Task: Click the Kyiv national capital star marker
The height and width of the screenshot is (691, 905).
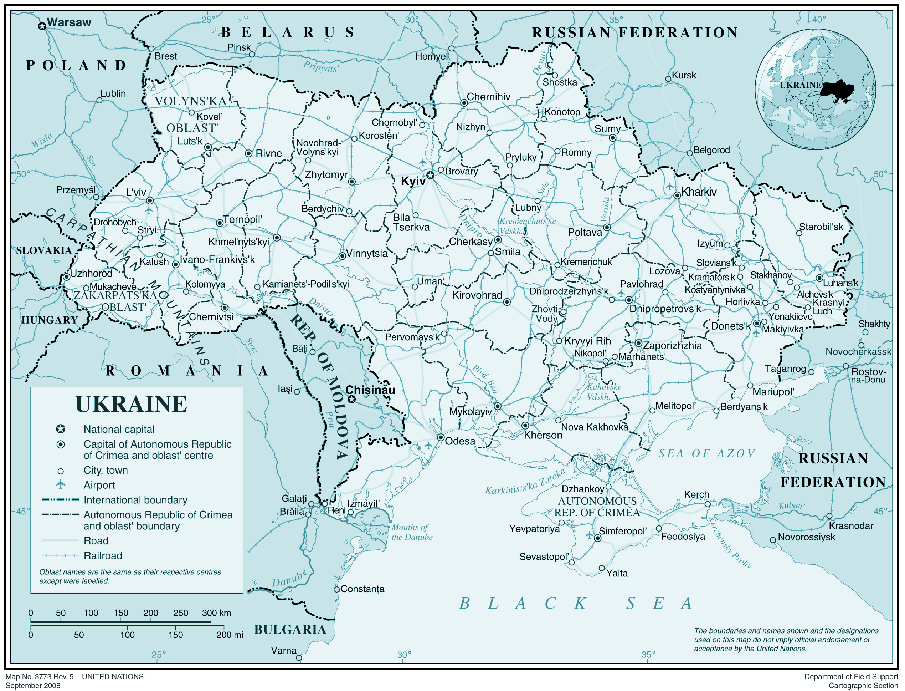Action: tap(430, 176)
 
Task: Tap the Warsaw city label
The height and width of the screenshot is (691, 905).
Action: tap(69, 22)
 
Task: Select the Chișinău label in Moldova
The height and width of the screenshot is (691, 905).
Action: tap(370, 390)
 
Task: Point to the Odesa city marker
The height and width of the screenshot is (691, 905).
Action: tap(441, 437)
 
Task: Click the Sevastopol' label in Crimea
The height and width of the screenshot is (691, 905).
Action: tap(544, 557)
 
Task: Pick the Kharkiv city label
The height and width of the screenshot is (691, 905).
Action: tap(698, 192)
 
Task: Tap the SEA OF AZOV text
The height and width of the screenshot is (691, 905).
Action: tap(706, 454)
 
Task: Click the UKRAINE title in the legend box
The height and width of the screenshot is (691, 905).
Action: tap(131, 404)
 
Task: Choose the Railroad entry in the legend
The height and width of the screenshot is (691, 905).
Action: tap(103, 556)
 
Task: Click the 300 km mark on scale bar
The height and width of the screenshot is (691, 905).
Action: tap(216, 613)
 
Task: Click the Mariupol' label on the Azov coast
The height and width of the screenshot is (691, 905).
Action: tap(773, 392)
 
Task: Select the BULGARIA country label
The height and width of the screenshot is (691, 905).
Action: tap(290, 630)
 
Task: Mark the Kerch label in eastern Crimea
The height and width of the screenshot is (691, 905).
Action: tap(696, 494)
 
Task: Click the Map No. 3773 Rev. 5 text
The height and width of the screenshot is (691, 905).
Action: tap(40, 677)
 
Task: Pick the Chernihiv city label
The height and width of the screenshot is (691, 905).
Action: tap(488, 97)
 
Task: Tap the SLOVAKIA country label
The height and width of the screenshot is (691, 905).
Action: tap(43, 250)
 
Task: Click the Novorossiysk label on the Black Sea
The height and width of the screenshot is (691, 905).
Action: tap(806, 537)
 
